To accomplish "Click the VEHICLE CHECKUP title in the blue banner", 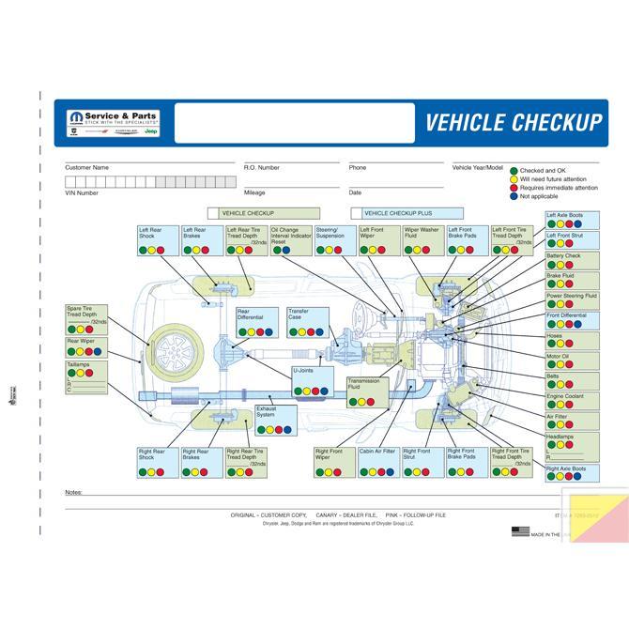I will (x=513, y=123).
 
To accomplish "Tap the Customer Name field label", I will (x=86, y=167).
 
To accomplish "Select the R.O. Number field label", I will (x=262, y=167).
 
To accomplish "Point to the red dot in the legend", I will (x=514, y=189).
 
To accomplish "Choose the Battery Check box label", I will (x=564, y=255).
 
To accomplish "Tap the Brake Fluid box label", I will (x=560, y=275).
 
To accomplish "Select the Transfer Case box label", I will (x=298, y=314).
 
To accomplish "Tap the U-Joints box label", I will (x=302, y=370).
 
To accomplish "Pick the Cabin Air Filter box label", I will (x=376, y=451).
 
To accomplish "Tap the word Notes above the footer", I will (x=73, y=492).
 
